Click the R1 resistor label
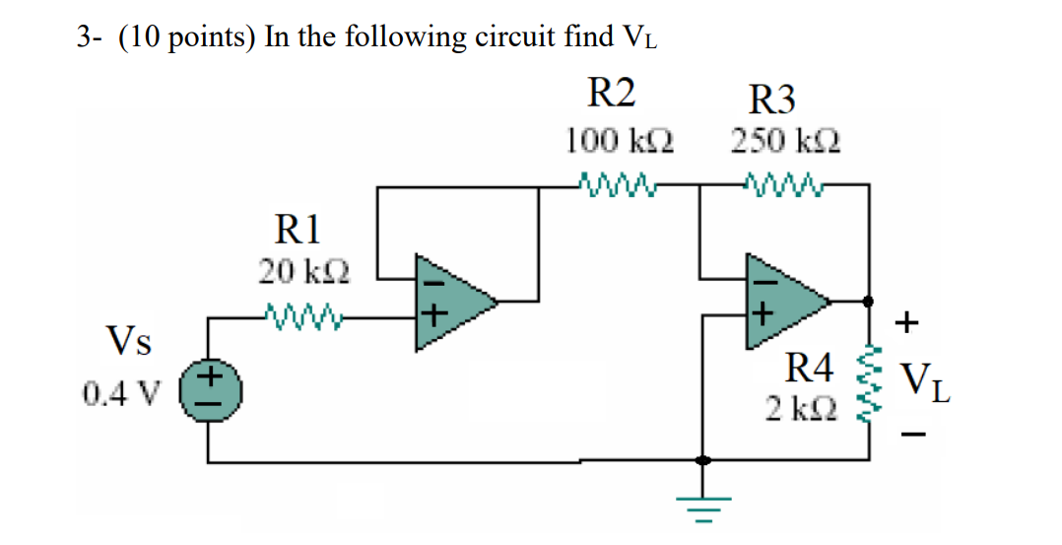(x=297, y=232)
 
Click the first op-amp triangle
(x=451, y=301)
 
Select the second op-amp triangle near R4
(x=783, y=300)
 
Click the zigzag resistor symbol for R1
(x=307, y=317)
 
